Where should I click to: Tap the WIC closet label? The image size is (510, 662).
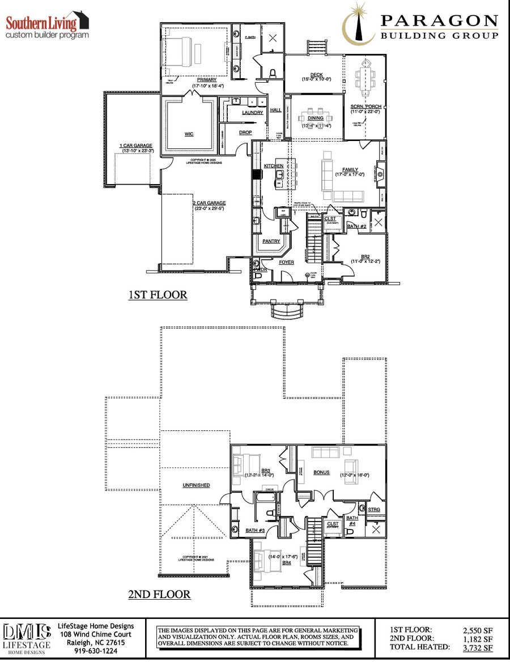189,134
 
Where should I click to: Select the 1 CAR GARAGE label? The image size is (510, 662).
135,146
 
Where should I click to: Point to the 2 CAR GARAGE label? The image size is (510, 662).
209,203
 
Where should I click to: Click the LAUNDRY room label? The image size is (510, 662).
252,113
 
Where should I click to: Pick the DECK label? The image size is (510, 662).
316,75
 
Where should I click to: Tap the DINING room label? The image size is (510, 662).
316,118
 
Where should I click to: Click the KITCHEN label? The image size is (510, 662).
273,166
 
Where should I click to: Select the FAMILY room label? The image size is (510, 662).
350,170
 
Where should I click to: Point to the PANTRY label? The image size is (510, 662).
271,241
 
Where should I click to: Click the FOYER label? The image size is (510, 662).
286,262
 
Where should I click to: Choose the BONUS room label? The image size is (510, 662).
321,472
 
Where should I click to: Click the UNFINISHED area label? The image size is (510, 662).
196,485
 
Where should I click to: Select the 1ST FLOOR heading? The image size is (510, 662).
158,295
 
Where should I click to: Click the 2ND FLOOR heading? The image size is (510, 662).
159,595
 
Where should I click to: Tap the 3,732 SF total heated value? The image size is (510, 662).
478,648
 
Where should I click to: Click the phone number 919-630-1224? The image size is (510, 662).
96,651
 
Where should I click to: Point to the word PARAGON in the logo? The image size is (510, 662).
439,21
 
